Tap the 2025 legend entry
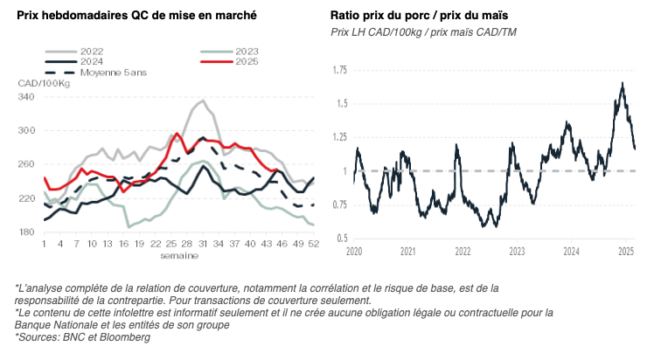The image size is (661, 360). (x=246, y=62)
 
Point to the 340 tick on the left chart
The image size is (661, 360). (x=25, y=97)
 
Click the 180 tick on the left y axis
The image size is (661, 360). (x=25, y=232)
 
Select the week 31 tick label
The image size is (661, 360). (x=201, y=245)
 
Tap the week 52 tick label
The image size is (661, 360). (x=312, y=245)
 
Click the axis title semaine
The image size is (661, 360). (x=178, y=255)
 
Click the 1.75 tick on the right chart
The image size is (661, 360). (x=339, y=69)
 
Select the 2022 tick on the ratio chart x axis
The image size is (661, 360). (x=463, y=252)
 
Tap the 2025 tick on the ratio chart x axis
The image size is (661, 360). (x=625, y=252)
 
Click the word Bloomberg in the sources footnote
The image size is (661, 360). (x=128, y=336)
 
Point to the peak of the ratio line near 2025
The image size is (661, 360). (x=622, y=83)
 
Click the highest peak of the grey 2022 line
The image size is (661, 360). (x=203, y=100)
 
